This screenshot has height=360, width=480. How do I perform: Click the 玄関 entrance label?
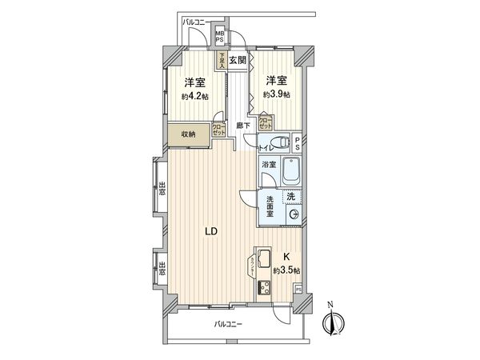237,60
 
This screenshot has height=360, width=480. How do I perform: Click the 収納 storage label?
189,134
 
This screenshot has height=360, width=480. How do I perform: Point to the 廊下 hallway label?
243,126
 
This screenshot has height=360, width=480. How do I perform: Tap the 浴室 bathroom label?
268,166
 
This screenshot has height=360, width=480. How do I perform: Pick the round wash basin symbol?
294,214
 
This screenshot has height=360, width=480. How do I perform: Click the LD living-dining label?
210,233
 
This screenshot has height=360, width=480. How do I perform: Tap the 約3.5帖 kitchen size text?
286,270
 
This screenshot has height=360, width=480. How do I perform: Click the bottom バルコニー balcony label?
229,325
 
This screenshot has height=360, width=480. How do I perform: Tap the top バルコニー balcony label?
195,22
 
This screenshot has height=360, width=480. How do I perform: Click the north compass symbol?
331,323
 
